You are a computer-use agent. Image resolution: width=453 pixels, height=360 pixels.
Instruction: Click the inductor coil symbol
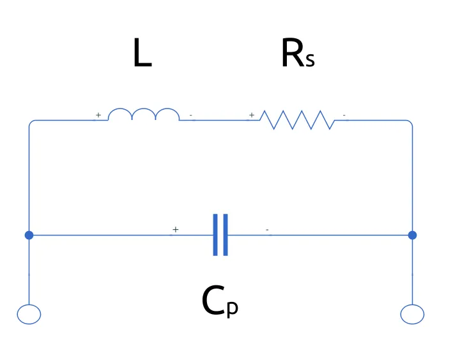coord(143,114)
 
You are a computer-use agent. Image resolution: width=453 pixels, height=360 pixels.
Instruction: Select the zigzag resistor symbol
coord(296,119)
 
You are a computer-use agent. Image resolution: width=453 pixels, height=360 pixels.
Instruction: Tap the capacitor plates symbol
coord(220,235)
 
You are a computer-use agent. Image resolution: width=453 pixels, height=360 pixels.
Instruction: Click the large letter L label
coord(141,54)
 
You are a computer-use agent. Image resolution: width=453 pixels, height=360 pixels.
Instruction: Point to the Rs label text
coord(297,55)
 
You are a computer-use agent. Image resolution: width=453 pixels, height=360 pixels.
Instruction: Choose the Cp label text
coord(220,301)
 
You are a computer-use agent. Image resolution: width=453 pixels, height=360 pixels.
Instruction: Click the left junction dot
coord(29,235)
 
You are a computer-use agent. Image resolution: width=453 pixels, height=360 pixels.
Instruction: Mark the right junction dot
coord(412,235)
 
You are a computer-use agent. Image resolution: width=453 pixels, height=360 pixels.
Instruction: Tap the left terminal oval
coord(29,314)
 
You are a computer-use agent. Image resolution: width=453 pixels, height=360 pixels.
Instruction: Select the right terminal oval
coord(412,314)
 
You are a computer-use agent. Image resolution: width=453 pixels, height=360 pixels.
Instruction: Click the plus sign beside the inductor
coord(98,115)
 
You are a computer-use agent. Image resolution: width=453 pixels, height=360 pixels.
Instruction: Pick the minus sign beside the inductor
coord(192,116)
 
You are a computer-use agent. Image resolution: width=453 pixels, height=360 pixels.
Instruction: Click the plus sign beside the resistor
coord(252,115)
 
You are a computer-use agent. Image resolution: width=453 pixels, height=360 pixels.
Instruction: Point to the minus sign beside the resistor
coord(345,116)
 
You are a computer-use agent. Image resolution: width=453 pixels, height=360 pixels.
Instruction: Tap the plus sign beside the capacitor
coord(175,229)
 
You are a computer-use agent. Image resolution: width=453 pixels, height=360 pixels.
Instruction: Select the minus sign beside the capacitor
coord(267,229)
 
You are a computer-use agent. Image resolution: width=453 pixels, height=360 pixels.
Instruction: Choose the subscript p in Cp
coord(232,308)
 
